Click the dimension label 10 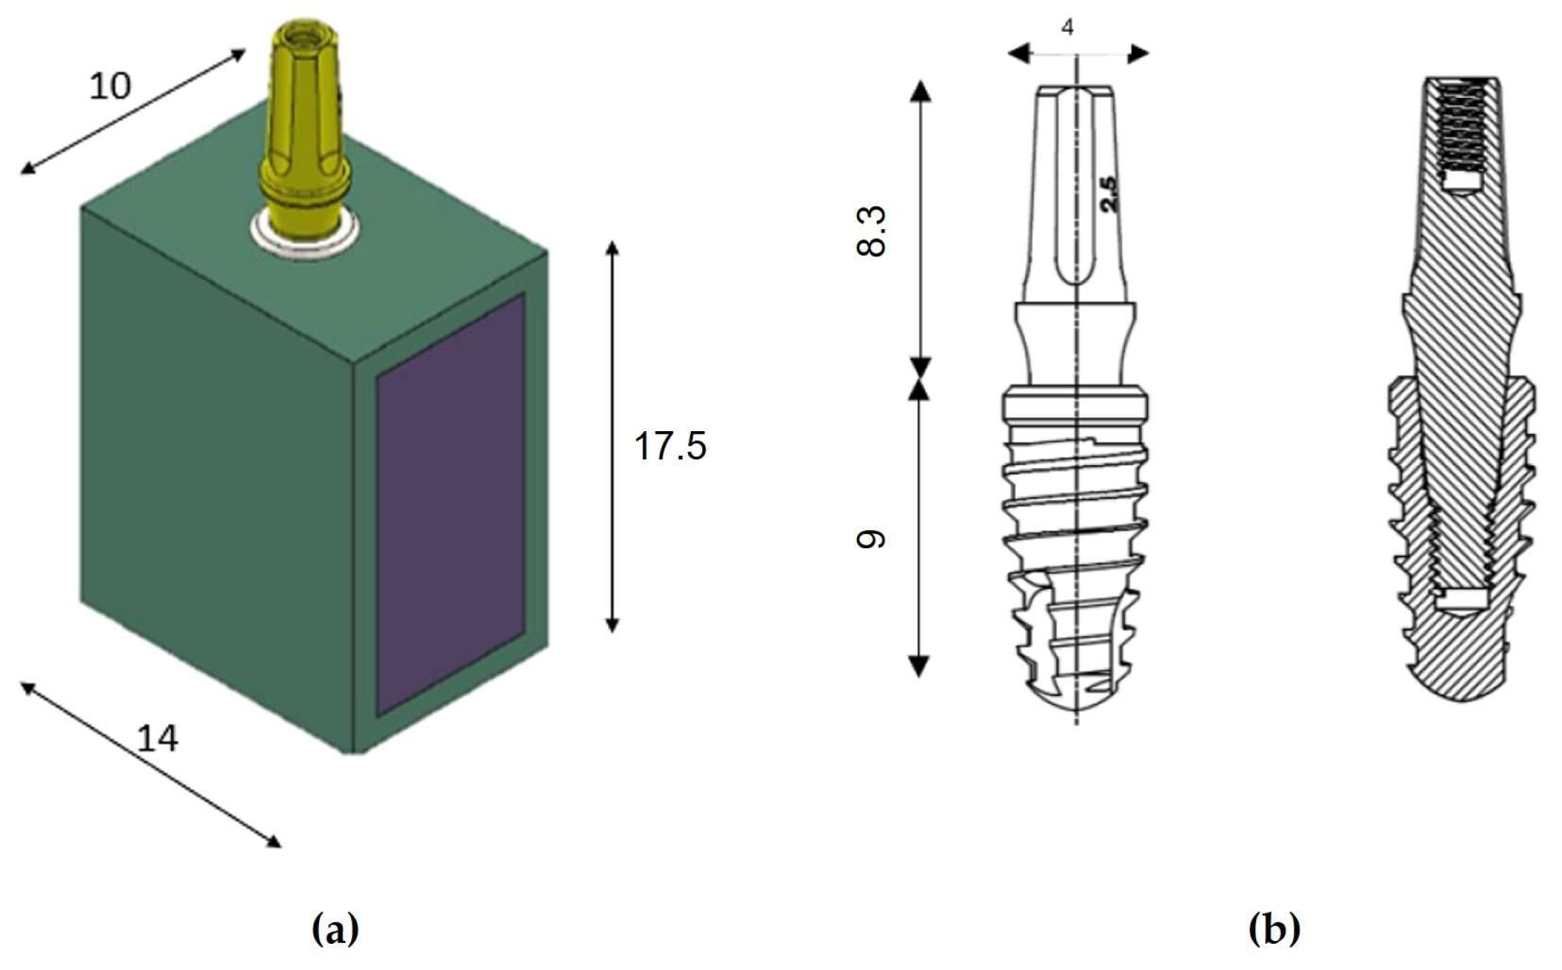tap(110, 87)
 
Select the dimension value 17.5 tap(670, 447)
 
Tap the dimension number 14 tap(157, 740)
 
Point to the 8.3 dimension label tap(872, 230)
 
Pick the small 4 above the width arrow tap(1067, 28)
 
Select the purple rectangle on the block tap(450, 503)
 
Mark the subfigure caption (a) tap(336, 929)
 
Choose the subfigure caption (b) tap(1275, 929)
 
